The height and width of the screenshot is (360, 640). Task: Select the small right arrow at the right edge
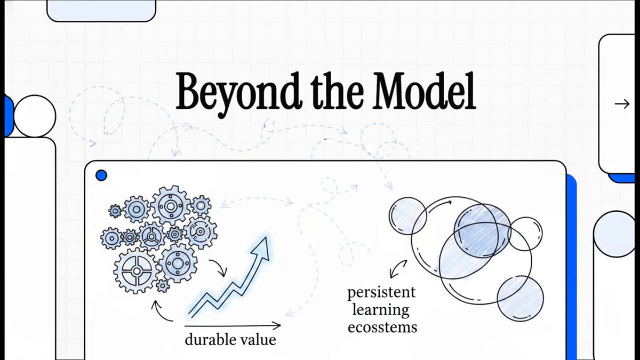point(622,104)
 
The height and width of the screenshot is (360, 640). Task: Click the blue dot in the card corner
point(101,175)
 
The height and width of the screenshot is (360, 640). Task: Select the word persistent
point(381,293)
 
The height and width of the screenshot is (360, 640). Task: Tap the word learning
point(381,310)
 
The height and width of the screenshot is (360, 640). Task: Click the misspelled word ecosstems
point(382,327)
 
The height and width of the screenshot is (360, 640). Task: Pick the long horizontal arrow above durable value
point(233,325)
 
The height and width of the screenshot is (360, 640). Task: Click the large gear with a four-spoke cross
point(137,270)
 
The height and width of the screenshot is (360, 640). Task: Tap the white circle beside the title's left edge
point(35,116)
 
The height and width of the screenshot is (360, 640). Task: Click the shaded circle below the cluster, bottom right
point(521,298)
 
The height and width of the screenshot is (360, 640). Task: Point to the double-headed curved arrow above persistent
point(398,269)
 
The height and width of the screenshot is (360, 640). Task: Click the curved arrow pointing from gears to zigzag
point(219,267)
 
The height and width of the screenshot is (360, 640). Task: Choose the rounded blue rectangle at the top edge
point(101,10)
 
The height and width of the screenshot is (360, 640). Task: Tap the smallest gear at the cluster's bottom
point(163,285)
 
